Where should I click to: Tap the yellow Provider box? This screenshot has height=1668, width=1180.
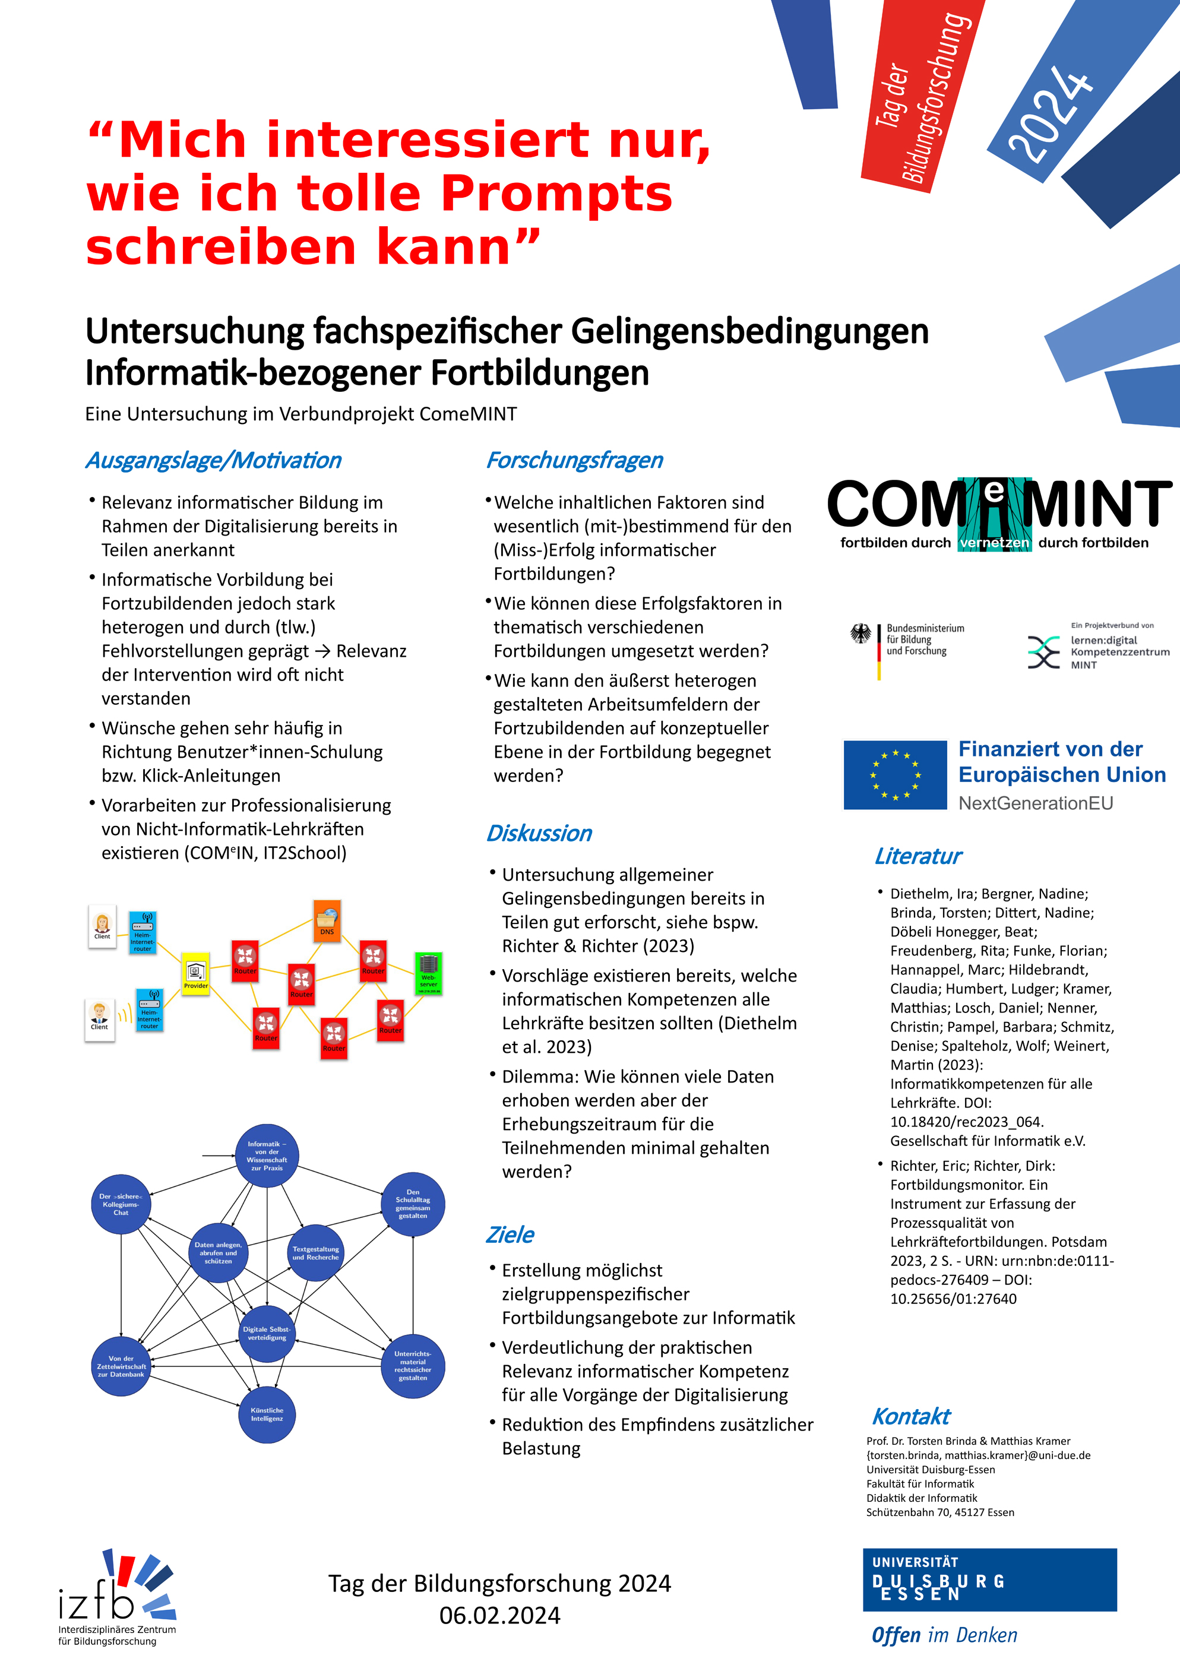coord(195,973)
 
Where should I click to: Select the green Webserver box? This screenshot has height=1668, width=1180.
coord(428,973)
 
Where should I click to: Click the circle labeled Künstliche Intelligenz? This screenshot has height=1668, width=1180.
coord(267,1414)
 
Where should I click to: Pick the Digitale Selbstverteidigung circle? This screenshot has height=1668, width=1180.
coord(267,1333)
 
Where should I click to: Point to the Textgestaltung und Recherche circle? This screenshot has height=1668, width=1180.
coord(315,1253)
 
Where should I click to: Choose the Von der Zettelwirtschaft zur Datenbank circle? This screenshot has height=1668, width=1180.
coord(121,1366)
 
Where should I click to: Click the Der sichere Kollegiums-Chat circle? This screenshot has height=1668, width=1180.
coord(121,1204)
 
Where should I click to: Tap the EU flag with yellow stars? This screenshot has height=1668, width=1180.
coord(895,775)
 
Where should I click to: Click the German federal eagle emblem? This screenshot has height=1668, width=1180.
coord(861,634)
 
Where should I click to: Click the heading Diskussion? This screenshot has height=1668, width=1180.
coord(539,833)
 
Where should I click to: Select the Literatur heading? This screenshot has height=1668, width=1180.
coord(918,856)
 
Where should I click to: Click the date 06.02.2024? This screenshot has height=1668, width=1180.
coord(500,1616)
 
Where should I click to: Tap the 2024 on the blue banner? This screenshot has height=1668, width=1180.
coord(1050,115)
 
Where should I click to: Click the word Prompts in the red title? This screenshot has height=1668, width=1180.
coord(556,194)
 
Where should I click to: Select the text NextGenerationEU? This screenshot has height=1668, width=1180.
coord(1036,803)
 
